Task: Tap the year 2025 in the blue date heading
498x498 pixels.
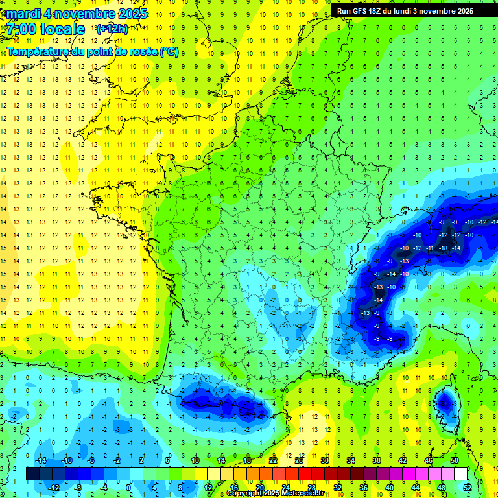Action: (130, 14)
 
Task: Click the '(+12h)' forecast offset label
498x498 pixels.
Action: (112, 29)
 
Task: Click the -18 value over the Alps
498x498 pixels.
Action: (443, 248)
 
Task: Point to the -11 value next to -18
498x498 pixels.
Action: (430, 248)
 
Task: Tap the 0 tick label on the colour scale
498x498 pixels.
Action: (128, 488)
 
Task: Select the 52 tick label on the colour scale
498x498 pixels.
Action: (468, 488)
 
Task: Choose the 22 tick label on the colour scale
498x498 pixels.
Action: (273, 460)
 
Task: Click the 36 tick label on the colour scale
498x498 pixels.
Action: (363, 488)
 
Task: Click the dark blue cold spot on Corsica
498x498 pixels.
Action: (445, 403)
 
